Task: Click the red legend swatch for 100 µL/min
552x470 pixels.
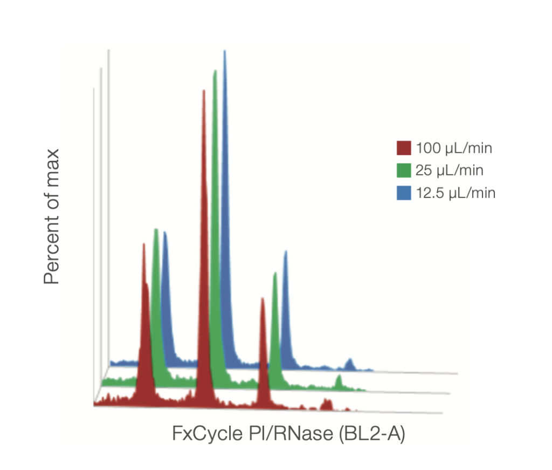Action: pyautogui.click(x=404, y=148)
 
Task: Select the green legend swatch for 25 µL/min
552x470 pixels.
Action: pyautogui.click(x=404, y=171)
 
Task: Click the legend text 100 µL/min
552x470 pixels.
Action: pyautogui.click(x=454, y=148)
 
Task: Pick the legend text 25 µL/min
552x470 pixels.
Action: pyautogui.click(x=450, y=171)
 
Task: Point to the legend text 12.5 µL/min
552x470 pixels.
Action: pyautogui.click(x=456, y=193)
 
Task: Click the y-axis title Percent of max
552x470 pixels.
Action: pyautogui.click(x=52, y=216)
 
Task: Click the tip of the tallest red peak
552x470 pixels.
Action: pyautogui.click(x=204, y=91)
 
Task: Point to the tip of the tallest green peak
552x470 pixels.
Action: pyautogui.click(x=215, y=71)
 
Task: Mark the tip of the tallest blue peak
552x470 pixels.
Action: pyautogui.click(x=225, y=51)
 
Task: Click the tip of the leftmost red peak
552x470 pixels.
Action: pyautogui.click(x=143, y=244)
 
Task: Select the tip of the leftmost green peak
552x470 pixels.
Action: pyautogui.click(x=156, y=229)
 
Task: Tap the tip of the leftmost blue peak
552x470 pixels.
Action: pyautogui.click(x=165, y=233)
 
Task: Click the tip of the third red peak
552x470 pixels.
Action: pyautogui.click(x=263, y=298)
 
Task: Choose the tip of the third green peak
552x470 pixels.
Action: pyautogui.click(x=275, y=273)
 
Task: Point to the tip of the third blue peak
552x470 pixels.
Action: pyautogui.click(x=286, y=251)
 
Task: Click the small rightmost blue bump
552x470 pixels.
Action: pyautogui.click(x=350, y=359)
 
